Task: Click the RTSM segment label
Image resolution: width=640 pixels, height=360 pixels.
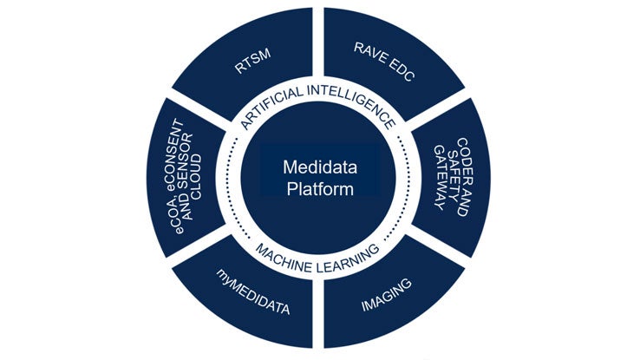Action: [252, 62]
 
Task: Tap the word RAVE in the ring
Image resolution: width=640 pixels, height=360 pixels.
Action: [370, 54]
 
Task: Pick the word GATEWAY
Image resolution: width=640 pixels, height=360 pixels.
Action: [440, 177]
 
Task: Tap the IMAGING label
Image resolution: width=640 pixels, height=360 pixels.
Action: [386, 295]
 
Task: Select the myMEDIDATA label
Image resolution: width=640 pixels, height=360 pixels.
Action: [252, 291]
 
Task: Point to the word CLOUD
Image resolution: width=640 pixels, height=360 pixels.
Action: [196, 177]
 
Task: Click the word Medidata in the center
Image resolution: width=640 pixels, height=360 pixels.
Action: [320, 167]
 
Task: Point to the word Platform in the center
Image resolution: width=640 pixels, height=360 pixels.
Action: [320, 189]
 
